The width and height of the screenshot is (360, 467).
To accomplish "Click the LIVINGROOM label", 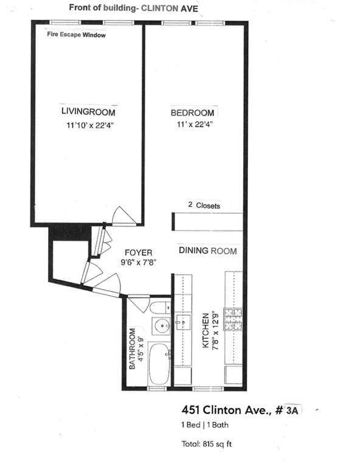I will pos(88,112).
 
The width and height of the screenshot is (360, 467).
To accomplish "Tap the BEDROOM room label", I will pos(192,113).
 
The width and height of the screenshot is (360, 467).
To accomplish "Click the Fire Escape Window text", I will pos(77,35).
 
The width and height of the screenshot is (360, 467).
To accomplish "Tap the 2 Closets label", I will pos(204,206).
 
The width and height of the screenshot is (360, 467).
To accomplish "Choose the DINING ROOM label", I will pos(207,251).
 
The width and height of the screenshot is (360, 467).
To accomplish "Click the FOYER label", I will pos(138,252).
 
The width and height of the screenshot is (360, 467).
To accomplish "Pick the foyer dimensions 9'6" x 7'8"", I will pos(138,263).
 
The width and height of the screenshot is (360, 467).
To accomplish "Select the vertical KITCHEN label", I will pos(206,330).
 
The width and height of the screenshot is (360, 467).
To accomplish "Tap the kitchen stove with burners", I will pos(234,319).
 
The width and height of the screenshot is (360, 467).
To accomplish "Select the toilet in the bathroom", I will pos(161,307).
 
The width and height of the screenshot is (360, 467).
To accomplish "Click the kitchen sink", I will pos(182,322).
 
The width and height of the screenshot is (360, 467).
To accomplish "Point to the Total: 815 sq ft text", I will pos(207,444).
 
